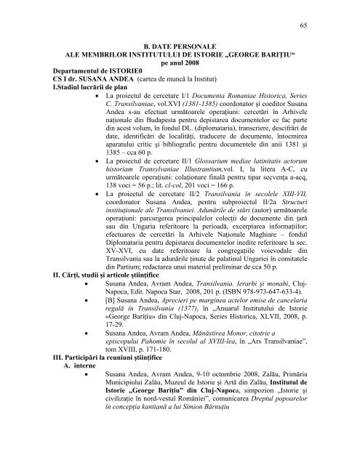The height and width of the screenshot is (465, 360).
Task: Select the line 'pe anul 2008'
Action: pos(180,73)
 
